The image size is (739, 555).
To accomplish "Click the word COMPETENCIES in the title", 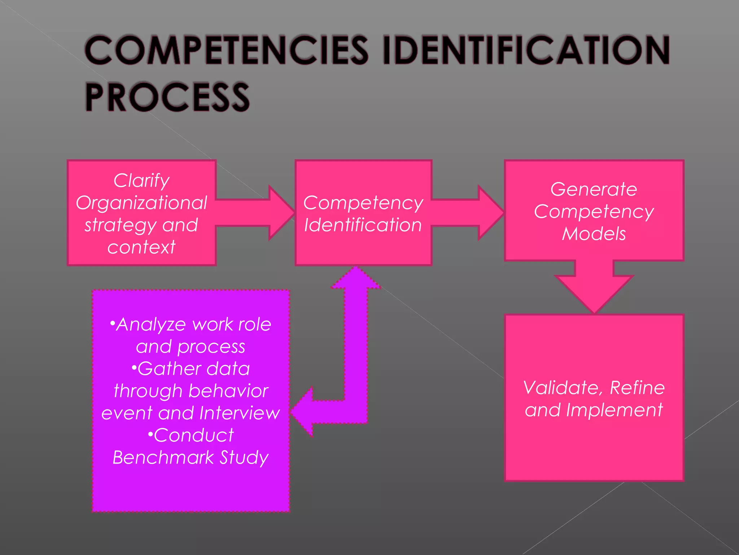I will [x=226, y=51].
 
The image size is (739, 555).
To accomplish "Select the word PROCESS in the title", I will [x=167, y=97].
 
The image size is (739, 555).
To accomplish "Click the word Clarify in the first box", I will [x=141, y=180].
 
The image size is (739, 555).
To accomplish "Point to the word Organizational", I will [x=141, y=203].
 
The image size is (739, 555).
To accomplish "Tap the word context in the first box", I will [x=141, y=248].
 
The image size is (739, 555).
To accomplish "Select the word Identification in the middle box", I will [x=363, y=225].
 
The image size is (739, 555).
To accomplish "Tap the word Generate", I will [x=594, y=189].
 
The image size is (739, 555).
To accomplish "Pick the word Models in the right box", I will [x=594, y=234].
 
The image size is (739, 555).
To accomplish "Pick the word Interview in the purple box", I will [x=239, y=413].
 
